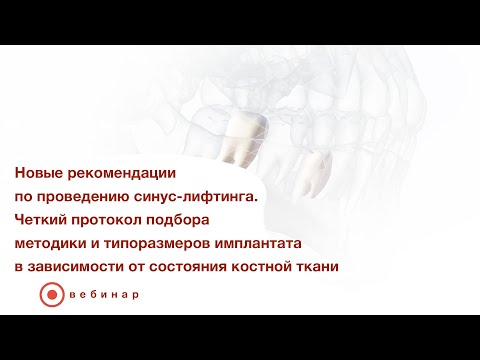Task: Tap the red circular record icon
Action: (50, 296)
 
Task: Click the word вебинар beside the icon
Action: (104, 296)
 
